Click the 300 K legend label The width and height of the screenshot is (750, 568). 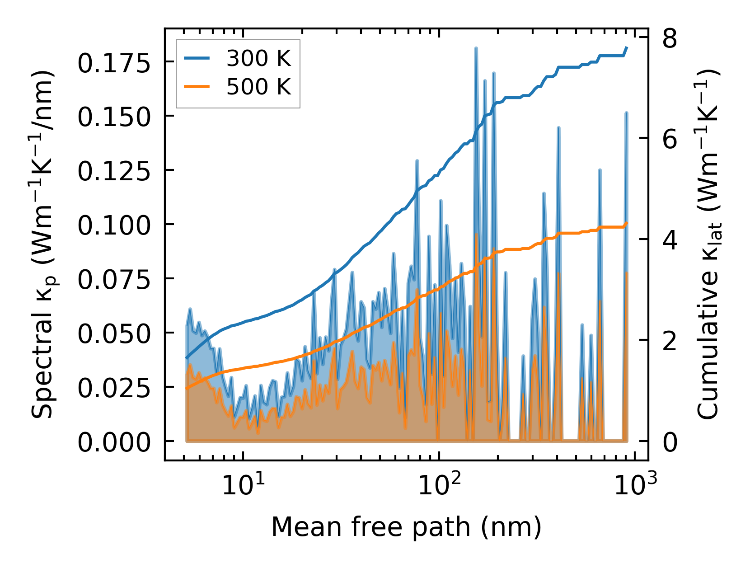258,59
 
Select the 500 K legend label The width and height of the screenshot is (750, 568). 258,86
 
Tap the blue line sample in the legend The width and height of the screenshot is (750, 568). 197,59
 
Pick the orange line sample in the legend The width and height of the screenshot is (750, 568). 197,86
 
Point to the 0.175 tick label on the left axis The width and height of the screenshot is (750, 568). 113,64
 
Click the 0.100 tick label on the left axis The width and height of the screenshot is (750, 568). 113,225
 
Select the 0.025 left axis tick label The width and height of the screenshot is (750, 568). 113,388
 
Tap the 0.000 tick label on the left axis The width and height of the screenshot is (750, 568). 113,442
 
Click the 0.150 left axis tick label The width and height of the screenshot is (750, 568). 113,117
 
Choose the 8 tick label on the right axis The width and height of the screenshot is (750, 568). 670,39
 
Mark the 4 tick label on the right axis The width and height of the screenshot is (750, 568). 670,240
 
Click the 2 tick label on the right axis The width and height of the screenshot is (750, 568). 670,342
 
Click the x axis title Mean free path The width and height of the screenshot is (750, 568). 406,527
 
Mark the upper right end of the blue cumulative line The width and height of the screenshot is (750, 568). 627,47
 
